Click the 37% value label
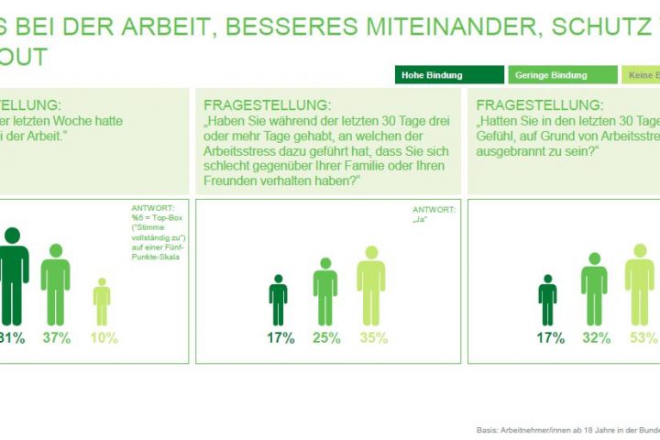[x=56, y=338]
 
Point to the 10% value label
[x=104, y=338]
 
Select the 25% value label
[x=325, y=338]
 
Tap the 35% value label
[x=371, y=338]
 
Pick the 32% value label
[x=596, y=338]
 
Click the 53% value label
[x=643, y=338]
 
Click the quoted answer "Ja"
[x=423, y=221]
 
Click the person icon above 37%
[x=56, y=284]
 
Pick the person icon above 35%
[x=371, y=285]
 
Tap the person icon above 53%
[x=641, y=285]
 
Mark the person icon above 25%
[x=325, y=291]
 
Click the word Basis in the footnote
[x=489, y=428]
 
